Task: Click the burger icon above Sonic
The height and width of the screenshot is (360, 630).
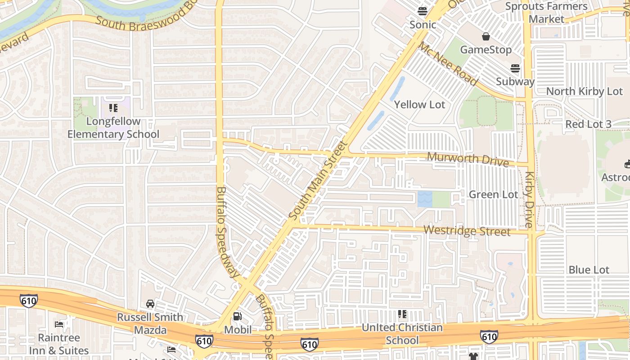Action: click(422, 11)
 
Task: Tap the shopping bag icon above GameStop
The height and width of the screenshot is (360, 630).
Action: click(486, 36)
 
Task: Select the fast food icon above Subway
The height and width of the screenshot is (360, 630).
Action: click(515, 68)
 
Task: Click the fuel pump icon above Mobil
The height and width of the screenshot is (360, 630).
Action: click(237, 316)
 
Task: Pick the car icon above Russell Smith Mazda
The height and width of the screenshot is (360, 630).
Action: click(150, 304)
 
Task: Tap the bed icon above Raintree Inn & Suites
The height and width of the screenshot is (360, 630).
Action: click(58, 324)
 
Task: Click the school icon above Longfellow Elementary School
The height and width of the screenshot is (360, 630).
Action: click(113, 108)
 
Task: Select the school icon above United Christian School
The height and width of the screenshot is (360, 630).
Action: click(402, 314)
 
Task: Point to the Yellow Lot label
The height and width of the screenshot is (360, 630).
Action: click(419, 105)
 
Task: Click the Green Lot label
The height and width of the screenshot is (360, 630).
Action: click(493, 194)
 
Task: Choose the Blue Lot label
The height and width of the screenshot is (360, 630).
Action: click(589, 270)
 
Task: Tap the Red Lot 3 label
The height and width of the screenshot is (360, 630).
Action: click(588, 124)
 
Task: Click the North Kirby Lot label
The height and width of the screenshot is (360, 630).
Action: click(584, 91)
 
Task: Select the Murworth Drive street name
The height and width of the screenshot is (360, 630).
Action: click(468, 159)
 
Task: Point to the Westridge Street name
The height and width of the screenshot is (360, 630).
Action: click(467, 231)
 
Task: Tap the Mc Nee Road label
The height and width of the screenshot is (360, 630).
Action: click(448, 64)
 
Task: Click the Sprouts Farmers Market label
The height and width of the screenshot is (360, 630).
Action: click(546, 13)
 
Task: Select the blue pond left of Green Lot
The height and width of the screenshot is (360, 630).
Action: click(424, 199)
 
